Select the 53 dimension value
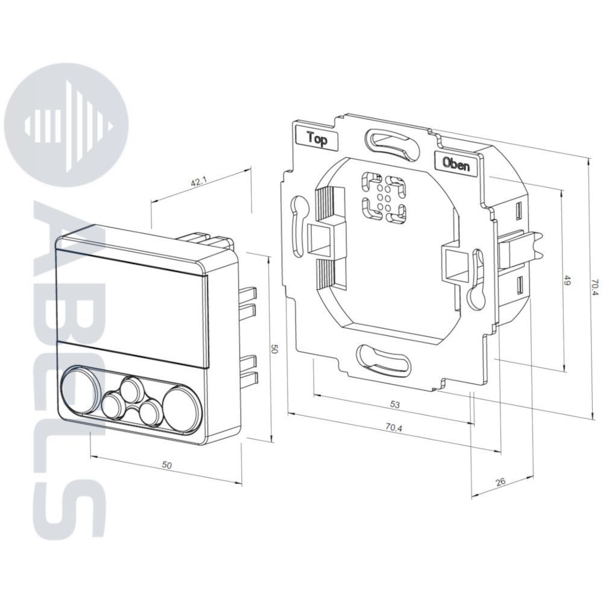coord(395,405)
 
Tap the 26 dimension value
coord(500,482)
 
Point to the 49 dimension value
coord(567,280)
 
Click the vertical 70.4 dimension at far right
coord(595,287)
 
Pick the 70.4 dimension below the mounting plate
coord(393,428)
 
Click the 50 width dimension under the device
coord(166,465)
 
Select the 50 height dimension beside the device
coord(274,349)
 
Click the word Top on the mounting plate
coord(317,139)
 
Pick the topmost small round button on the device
coord(131,389)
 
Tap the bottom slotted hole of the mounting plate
coord(384,360)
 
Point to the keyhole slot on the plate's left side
coord(300,226)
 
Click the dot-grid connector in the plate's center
coord(384,198)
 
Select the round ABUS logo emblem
coord(68,125)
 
